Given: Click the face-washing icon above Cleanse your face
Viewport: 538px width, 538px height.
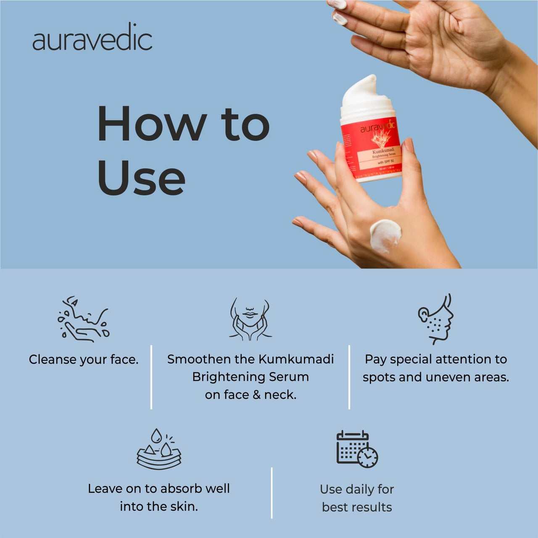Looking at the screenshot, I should click(x=83, y=318).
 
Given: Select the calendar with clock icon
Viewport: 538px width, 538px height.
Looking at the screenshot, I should click(x=357, y=449).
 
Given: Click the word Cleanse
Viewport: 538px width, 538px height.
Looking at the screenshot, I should click(x=53, y=360).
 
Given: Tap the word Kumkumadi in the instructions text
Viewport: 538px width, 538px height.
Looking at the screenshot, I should click(x=296, y=359).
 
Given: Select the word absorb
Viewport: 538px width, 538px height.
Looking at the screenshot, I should click(x=183, y=488).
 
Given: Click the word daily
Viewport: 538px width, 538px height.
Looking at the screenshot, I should click(x=359, y=490).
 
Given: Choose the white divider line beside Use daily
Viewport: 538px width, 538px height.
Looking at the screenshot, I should click(x=272, y=493).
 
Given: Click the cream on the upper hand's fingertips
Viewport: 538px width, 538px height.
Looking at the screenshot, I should click(x=340, y=18).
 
